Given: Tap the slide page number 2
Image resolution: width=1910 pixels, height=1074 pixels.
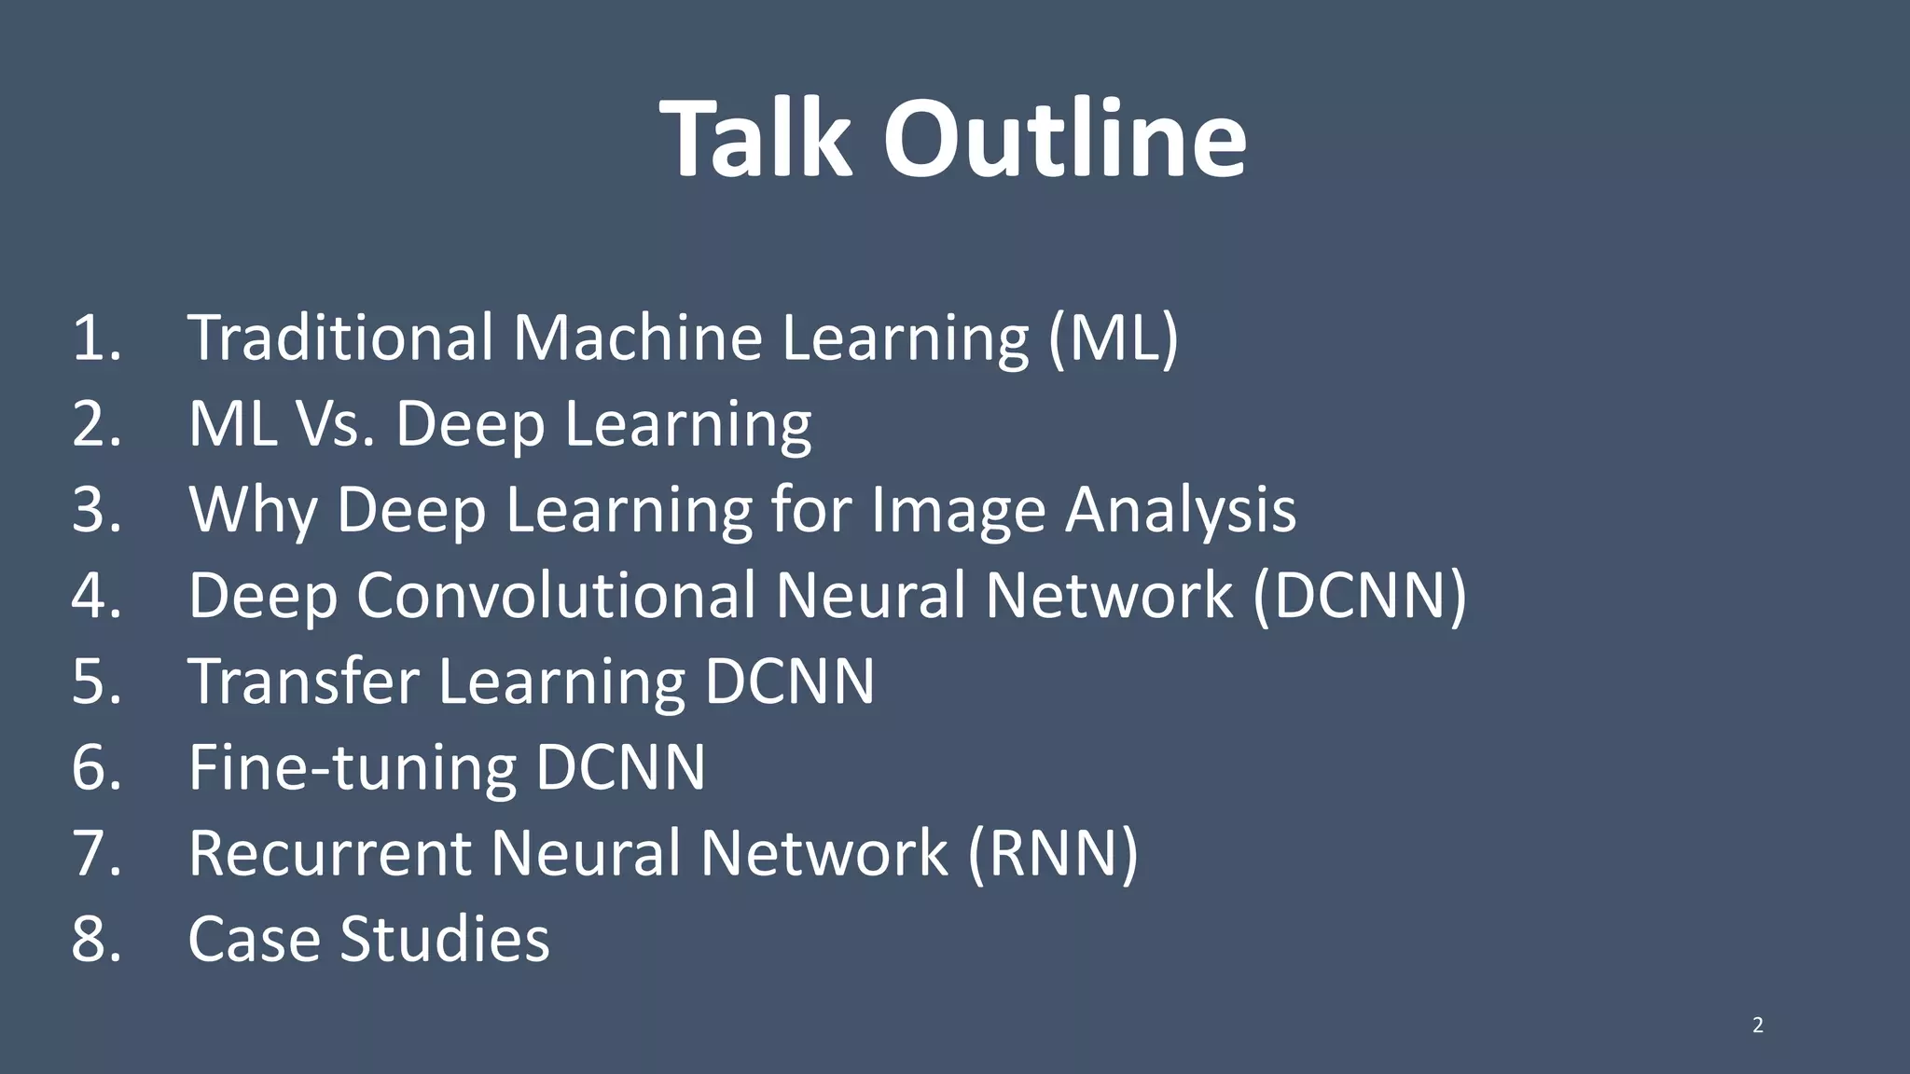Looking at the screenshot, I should pyautogui.click(x=1758, y=1026).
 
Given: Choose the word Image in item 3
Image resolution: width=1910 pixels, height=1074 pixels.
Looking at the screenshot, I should pyautogui.click(x=957, y=512).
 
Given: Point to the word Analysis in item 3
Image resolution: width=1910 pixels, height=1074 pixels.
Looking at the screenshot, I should pyautogui.click(x=1181, y=510).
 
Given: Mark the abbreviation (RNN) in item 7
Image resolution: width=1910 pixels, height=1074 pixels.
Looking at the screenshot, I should pyautogui.click(x=1053, y=853).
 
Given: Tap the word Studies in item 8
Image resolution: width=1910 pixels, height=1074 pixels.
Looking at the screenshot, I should pyautogui.click(x=445, y=939).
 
